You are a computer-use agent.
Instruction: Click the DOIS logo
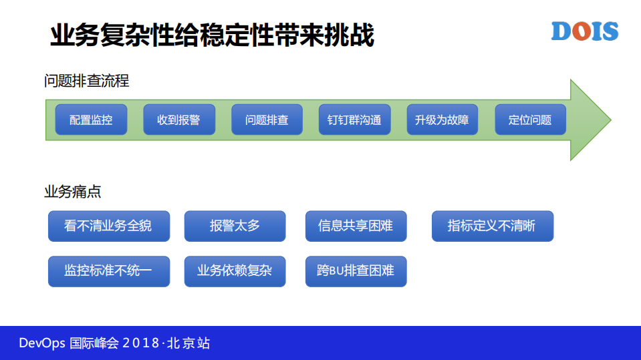[584, 31]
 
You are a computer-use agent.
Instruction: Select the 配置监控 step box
[91, 120]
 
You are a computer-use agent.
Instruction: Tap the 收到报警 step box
[178, 120]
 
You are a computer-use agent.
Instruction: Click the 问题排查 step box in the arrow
[267, 120]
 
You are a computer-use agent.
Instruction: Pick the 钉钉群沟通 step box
[354, 120]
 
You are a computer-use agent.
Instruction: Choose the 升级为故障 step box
[442, 120]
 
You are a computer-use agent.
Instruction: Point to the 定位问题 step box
[530, 120]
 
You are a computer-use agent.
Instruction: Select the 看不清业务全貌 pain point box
[108, 226]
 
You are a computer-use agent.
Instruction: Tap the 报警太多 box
[235, 226]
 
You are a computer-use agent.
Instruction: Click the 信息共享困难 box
[356, 226]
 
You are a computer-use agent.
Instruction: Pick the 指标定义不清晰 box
[492, 226]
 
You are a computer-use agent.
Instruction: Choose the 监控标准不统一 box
[108, 271]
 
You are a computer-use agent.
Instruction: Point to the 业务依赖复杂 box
[235, 271]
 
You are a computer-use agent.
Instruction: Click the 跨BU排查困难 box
[356, 271]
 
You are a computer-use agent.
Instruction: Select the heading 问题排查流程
[87, 81]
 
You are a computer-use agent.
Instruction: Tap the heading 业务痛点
[73, 192]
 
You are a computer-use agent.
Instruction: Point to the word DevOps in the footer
[41, 343]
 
